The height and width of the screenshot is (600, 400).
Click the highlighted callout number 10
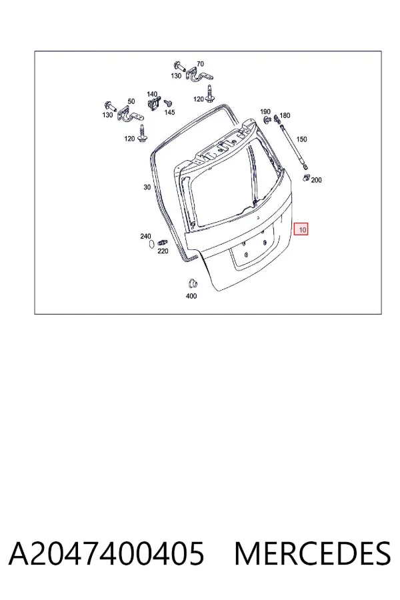[302, 229]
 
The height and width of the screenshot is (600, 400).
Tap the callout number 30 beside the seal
[147, 187]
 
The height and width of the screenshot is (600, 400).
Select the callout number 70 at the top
[200, 64]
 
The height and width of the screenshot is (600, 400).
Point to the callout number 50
[131, 101]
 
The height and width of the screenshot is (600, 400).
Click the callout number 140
[152, 94]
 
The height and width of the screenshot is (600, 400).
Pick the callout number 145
[169, 112]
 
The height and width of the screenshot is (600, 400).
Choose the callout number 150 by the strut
[301, 139]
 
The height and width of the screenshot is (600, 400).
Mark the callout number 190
[265, 112]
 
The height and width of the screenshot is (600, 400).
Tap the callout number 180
[285, 115]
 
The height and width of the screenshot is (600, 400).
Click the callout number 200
[316, 180]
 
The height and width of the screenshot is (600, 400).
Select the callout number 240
[145, 237]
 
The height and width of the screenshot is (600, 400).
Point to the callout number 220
[163, 251]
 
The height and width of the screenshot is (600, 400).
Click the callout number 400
[191, 296]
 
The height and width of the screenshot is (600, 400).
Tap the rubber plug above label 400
[193, 283]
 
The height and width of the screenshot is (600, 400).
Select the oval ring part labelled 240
[151, 244]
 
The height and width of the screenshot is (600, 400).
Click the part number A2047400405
[107, 554]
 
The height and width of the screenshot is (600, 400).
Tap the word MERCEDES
[313, 554]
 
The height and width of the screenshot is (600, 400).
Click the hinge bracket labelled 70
[199, 74]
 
